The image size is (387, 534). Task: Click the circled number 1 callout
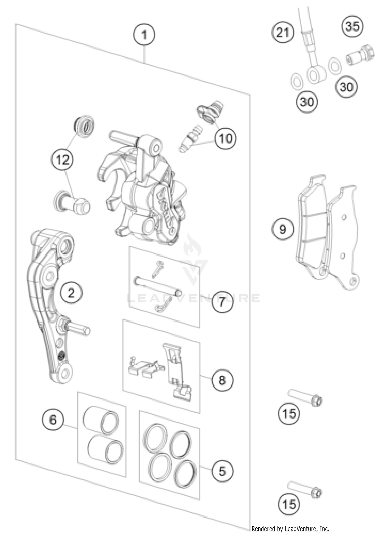(x=144, y=35)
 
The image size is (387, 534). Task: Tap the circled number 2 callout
(x=71, y=293)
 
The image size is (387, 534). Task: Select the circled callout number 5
(x=222, y=471)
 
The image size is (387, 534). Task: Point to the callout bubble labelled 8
(x=222, y=380)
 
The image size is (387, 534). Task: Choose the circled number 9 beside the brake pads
(x=283, y=229)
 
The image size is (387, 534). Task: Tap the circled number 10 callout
(x=225, y=138)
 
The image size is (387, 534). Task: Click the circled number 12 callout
(x=62, y=160)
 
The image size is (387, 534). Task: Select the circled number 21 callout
(x=283, y=32)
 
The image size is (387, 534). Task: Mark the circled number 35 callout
(x=352, y=26)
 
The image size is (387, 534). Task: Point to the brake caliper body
(x=144, y=191)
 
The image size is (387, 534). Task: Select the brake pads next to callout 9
(x=328, y=232)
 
